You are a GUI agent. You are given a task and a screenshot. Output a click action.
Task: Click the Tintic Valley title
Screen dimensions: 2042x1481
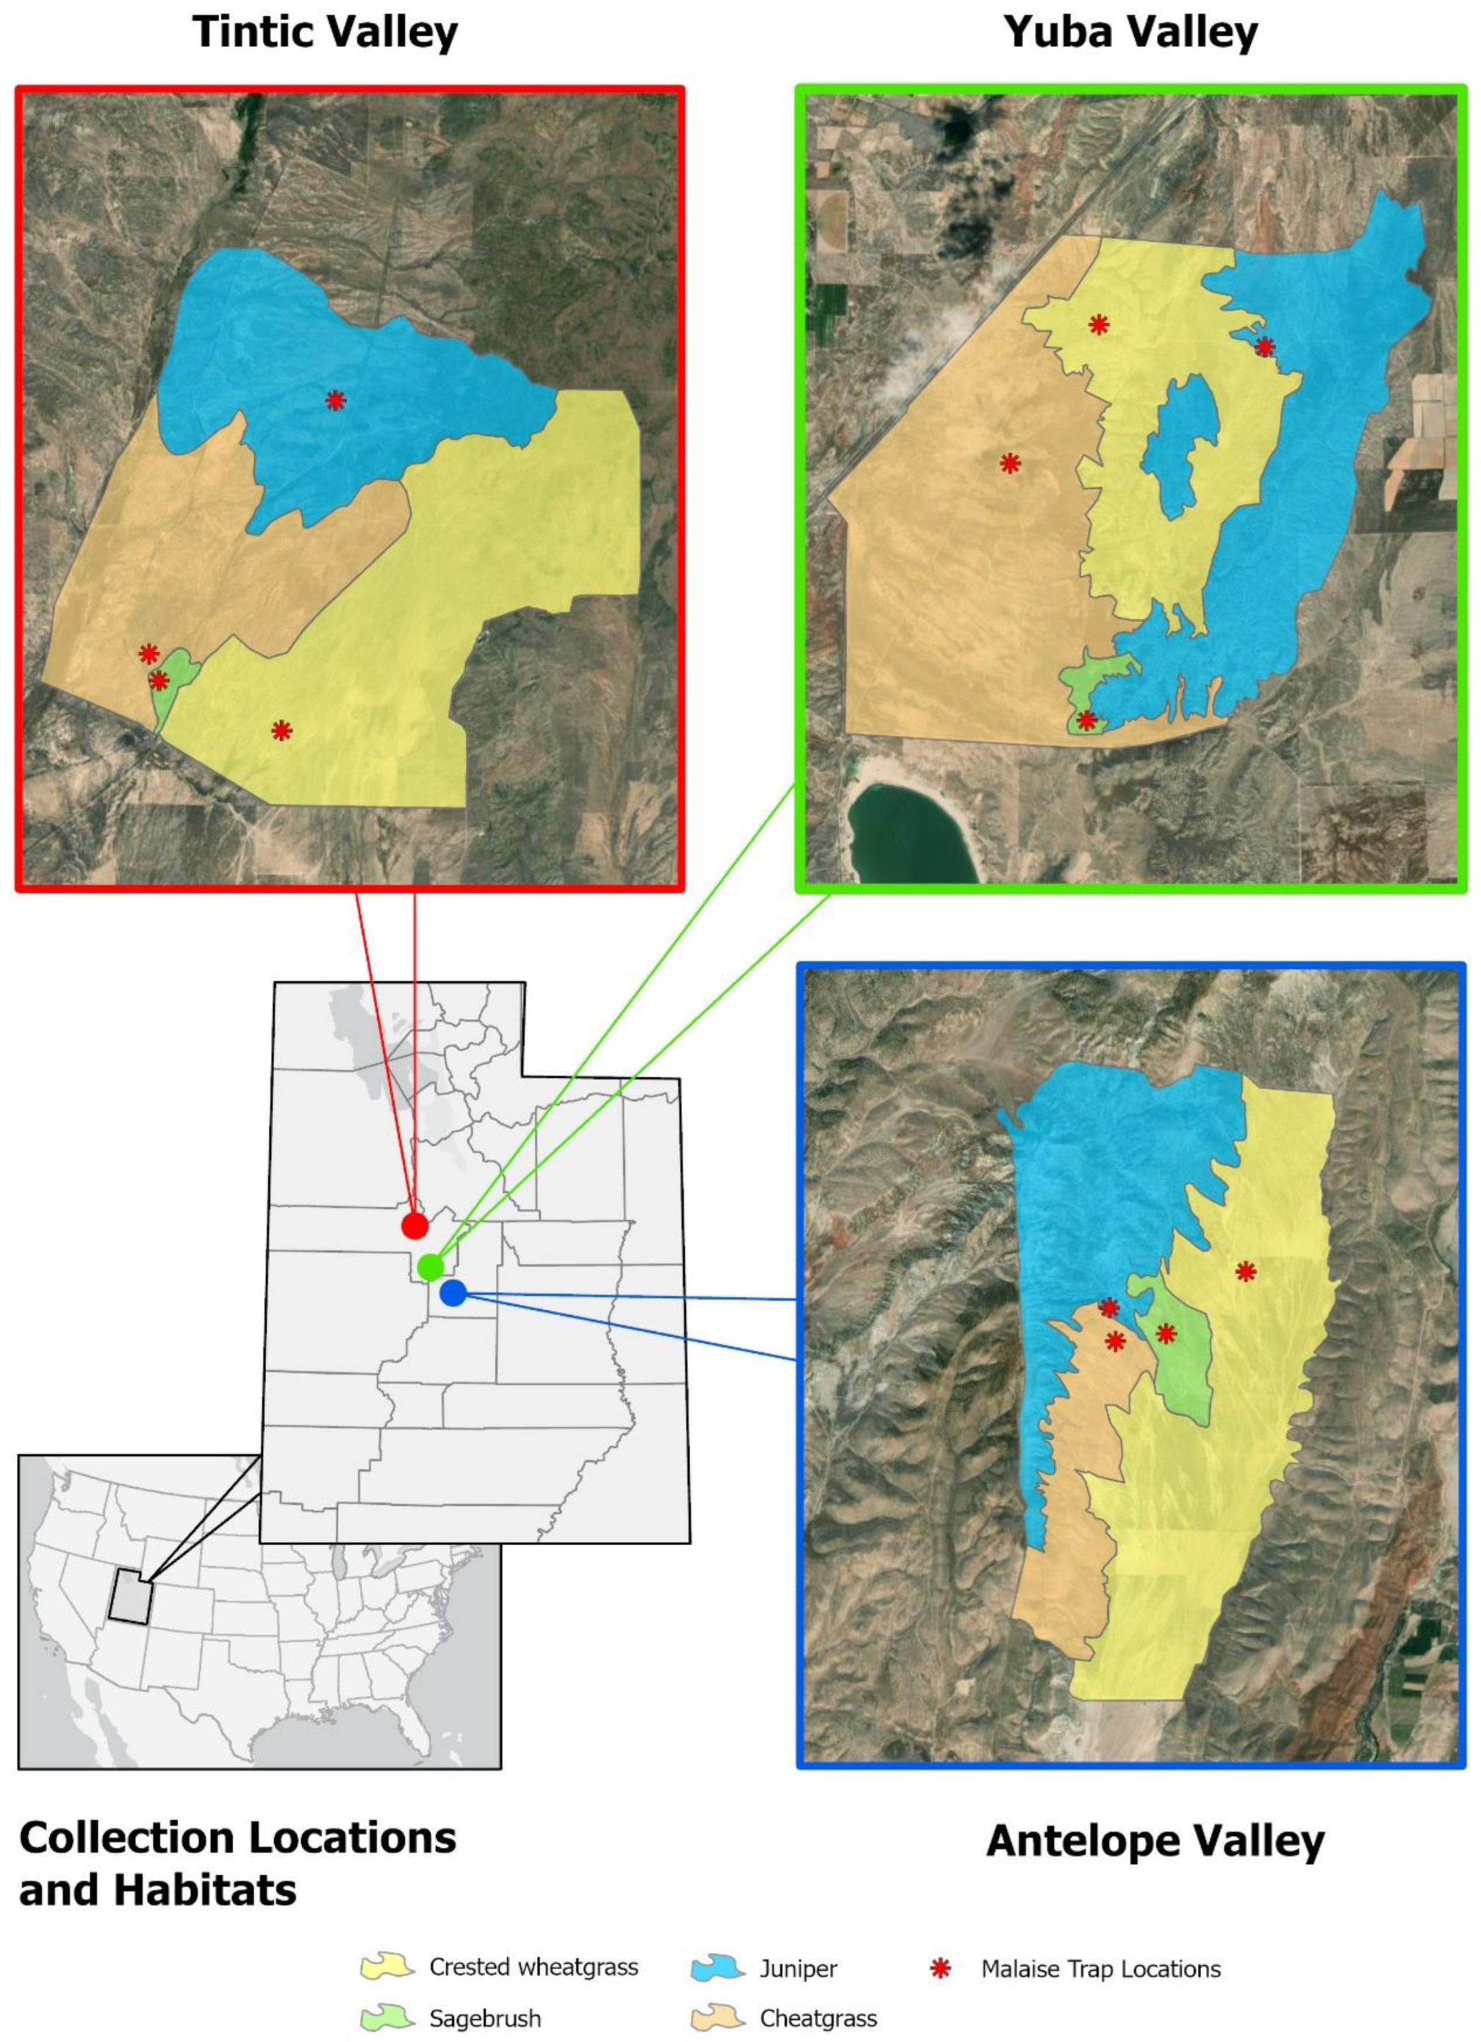coord(325,32)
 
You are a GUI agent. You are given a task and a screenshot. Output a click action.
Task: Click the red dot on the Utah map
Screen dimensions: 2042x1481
coord(414,1225)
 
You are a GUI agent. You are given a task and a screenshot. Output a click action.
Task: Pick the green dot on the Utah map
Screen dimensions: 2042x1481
coord(431,1267)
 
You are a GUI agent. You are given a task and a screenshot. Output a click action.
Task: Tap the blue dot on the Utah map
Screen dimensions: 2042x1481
coord(453,1294)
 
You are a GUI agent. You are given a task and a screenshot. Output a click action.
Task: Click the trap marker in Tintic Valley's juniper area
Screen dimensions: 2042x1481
coord(335,401)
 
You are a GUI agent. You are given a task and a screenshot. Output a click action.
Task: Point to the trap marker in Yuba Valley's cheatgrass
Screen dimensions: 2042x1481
coord(1010,464)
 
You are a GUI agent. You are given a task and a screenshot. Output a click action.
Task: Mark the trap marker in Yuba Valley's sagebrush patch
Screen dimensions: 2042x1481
coord(1086,720)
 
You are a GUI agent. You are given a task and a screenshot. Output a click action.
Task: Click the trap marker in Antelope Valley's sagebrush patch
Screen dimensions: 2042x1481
coord(1166,1333)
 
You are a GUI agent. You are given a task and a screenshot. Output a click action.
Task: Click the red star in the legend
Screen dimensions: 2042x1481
coord(940,1969)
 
